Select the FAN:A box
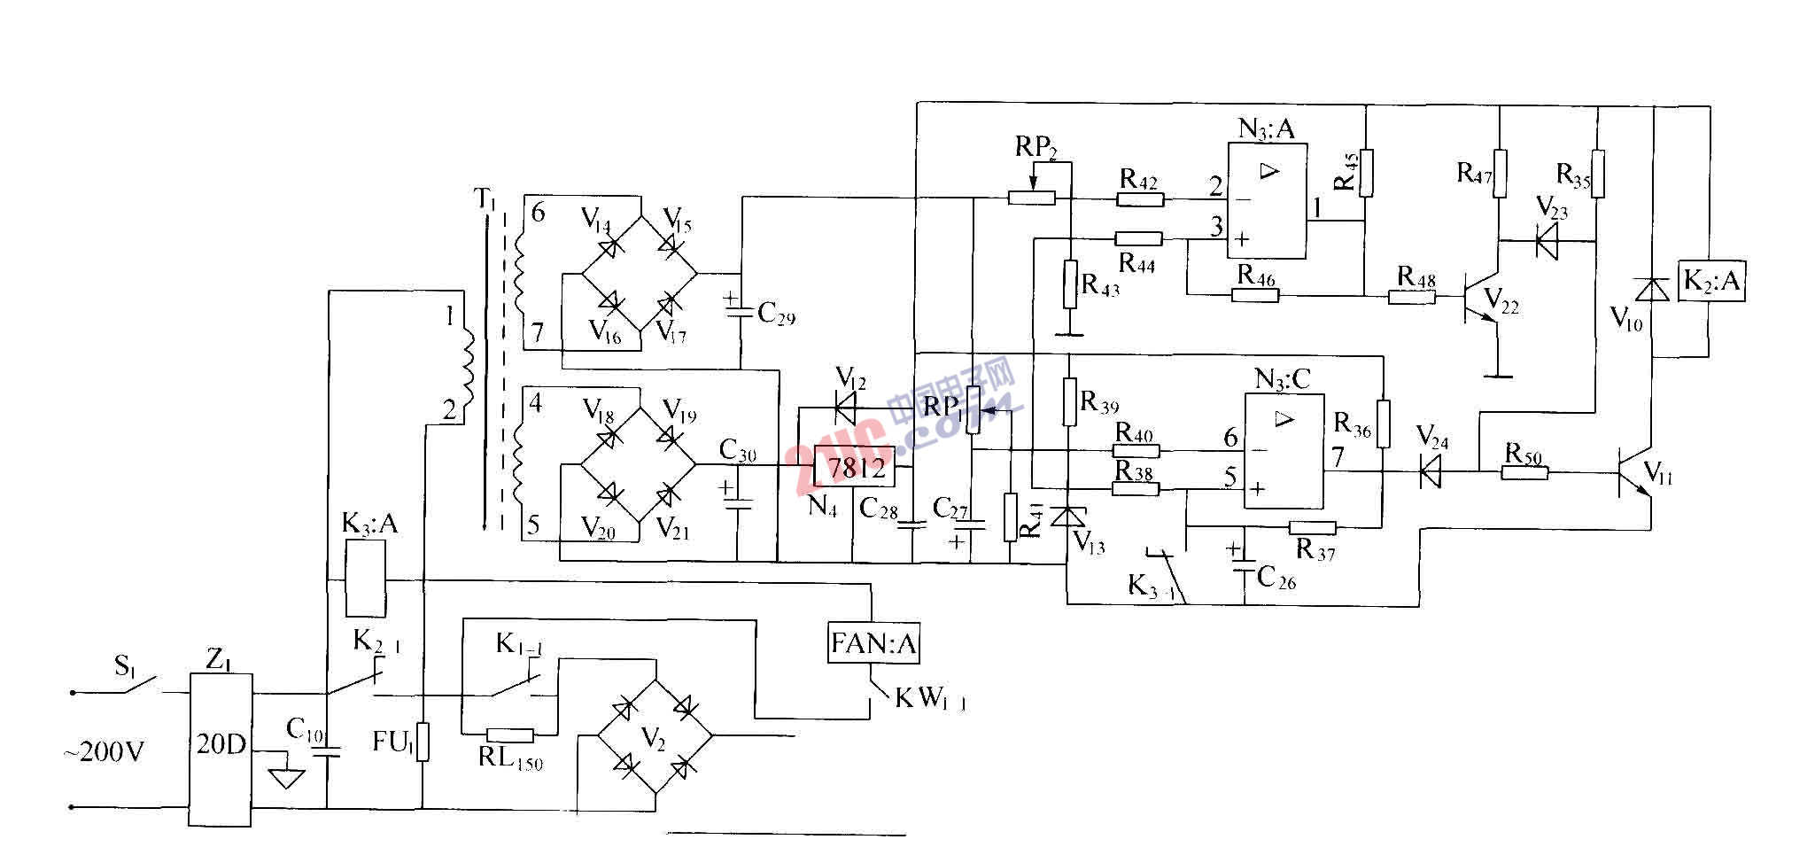[873, 644]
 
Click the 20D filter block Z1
[221, 750]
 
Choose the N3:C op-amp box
[1284, 452]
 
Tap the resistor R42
[1139, 199]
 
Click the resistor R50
[1524, 473]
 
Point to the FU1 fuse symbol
[423, 742]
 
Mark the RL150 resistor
[510, 735]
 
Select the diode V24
[1429, 471]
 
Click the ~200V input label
[104, 753]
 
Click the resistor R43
[1070, 284]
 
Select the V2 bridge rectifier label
[654, 742]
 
